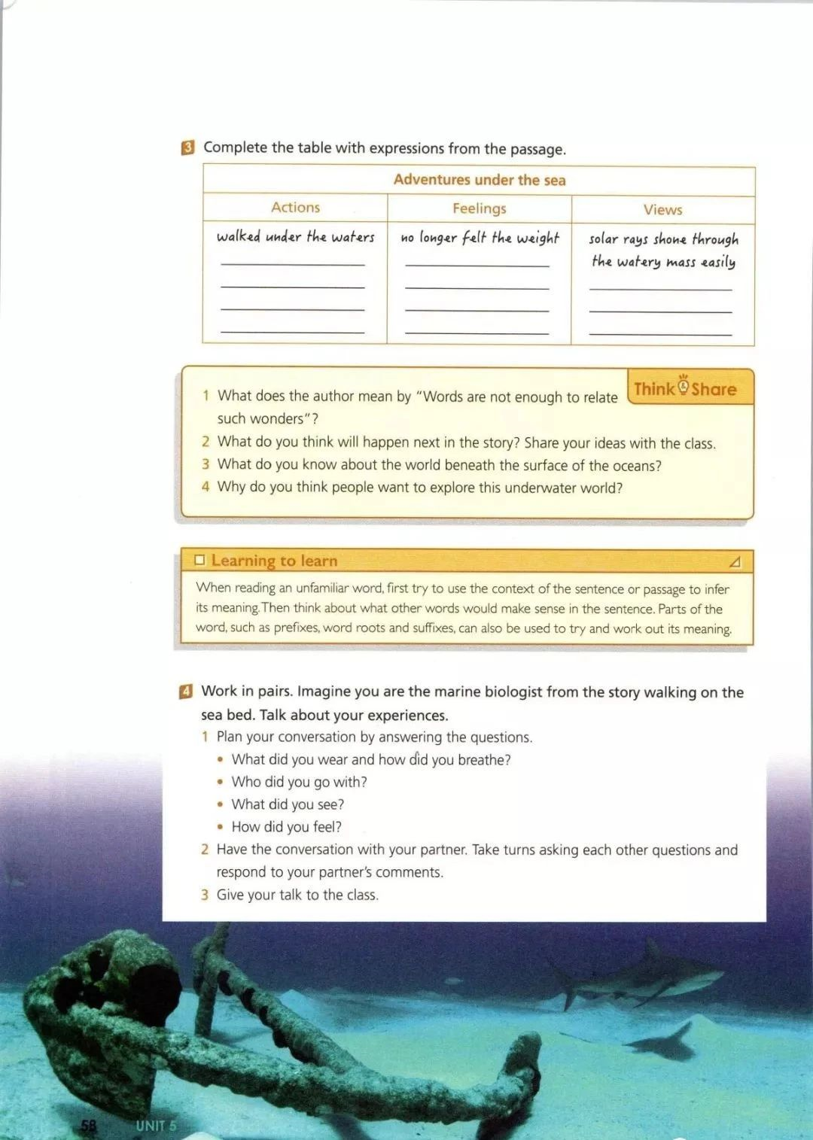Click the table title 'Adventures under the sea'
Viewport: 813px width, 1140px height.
point(479,180)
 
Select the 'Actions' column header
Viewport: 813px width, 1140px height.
point(295,208)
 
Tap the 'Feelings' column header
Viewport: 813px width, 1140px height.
point(479,208)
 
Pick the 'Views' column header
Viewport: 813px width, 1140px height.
point(662,210)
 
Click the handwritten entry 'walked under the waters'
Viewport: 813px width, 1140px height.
point(295,237)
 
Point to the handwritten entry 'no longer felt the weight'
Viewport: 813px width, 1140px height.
point(480,238)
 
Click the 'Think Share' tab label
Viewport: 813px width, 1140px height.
point(685,388)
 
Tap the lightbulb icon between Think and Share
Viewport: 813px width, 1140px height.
point(683,386)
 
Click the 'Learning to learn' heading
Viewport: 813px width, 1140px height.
point(274,561)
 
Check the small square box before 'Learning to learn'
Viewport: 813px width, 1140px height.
point(199,560)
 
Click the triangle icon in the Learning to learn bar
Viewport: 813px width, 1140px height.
point(735,562)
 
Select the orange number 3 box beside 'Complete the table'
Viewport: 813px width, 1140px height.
point(187,147)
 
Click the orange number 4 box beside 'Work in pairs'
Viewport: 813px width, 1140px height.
point(186,692)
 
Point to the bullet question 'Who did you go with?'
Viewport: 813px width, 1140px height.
point(299,782)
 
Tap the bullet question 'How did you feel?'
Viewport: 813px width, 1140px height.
point(286,827)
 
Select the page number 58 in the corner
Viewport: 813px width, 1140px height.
point(89,1126)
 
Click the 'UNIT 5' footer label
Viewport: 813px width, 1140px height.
point(156,1126)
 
